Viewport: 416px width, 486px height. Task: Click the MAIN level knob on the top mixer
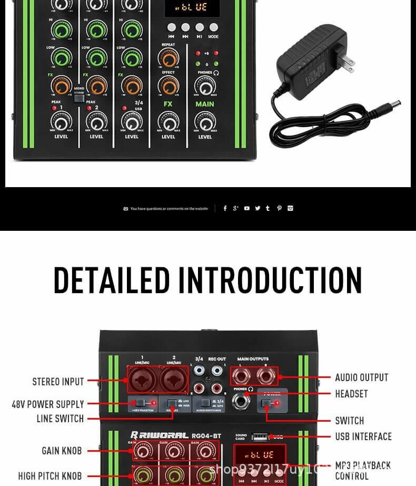point(205,122)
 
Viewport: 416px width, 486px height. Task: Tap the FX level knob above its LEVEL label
point(169,122)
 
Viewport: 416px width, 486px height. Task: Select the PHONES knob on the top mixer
point(205,85)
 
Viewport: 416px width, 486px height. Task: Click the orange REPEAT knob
point(169,57)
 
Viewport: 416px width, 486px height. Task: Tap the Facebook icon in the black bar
point(225,208)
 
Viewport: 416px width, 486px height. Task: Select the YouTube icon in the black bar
point(247,208)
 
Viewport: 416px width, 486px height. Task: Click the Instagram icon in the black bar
point(290,208)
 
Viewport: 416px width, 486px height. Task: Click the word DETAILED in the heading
point(112,280)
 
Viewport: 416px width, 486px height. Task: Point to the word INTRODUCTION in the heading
point(270,280)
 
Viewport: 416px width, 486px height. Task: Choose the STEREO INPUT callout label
point(58,382)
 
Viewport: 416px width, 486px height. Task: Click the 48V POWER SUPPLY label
point(48,404)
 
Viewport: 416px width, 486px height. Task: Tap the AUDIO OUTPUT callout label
point(361,377)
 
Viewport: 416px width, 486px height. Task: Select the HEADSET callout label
point(351,394)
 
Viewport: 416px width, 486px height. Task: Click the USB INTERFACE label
point(363,436)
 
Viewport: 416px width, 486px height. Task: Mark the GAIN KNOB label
point(62,451)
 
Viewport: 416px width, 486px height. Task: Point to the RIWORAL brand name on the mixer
point(158,435)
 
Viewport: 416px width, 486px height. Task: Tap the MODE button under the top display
point(213,27)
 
